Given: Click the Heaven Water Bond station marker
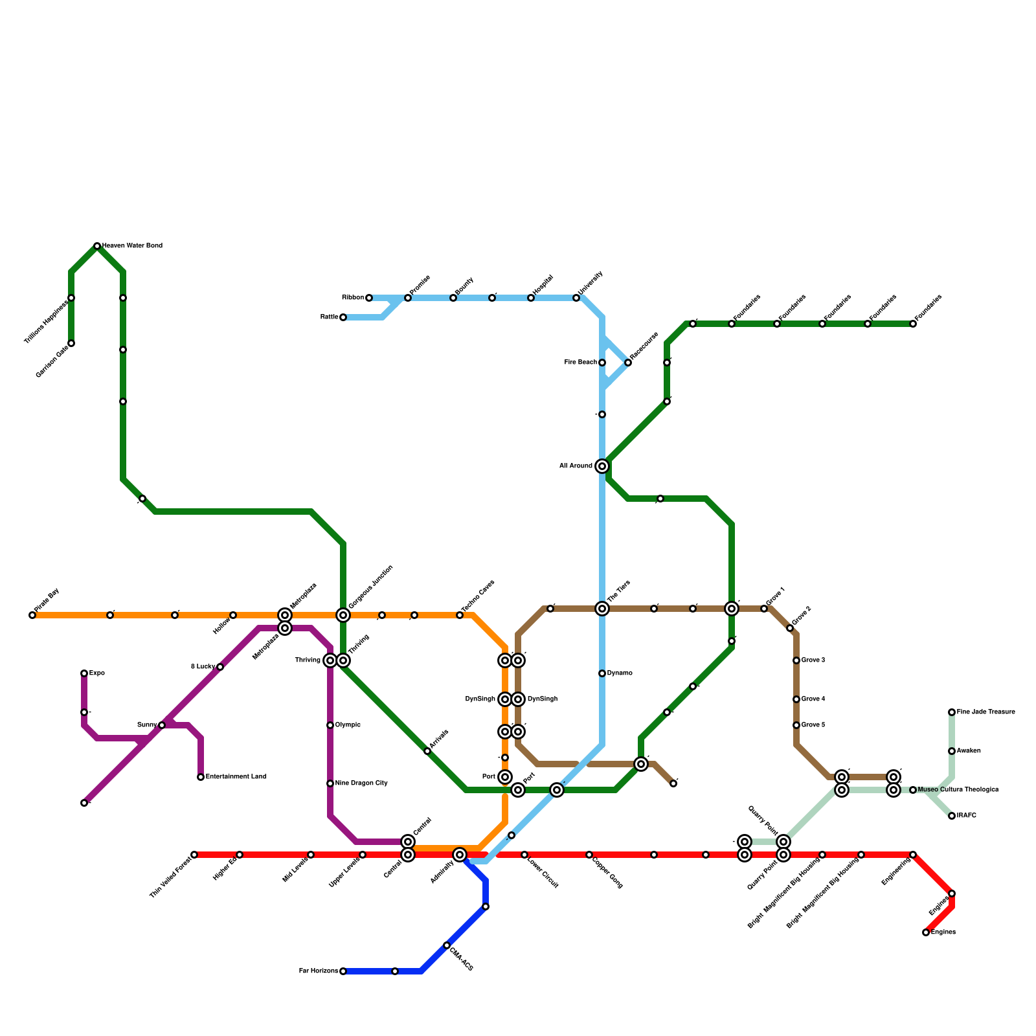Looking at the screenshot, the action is click(x=97, y=246).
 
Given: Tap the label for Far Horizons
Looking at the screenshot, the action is click(x=318, y=971).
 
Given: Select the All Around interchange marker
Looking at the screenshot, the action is click(x=602, y=466).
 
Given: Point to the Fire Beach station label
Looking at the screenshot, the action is click(x=580, y=363).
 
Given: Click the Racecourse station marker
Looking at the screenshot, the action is click(x=628, y=363).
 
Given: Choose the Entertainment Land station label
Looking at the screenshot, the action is click(x=236, y=777).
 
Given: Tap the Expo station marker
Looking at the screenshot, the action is click(x=84, y=673).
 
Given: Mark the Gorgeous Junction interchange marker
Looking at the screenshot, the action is click(x=343, y=615).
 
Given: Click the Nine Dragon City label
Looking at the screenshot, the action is click(x=361, y=783).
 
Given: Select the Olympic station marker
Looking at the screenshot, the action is click(x=330, y=725).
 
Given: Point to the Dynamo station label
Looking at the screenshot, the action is click(x=620, y=673).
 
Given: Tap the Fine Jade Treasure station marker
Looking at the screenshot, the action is click(x=952, y=712).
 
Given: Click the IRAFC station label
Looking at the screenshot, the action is click(x=965, y=816).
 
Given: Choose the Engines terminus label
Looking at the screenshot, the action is click(x=943, y=932).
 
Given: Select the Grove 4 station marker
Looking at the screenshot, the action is click(x=796, y=699).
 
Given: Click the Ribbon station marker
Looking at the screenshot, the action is click(x=369, y=298).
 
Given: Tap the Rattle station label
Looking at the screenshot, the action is click(x=329, y=317).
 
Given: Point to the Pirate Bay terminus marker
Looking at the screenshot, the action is click(x=32, y=615).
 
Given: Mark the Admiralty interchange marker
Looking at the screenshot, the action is click(x=460, y=855).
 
